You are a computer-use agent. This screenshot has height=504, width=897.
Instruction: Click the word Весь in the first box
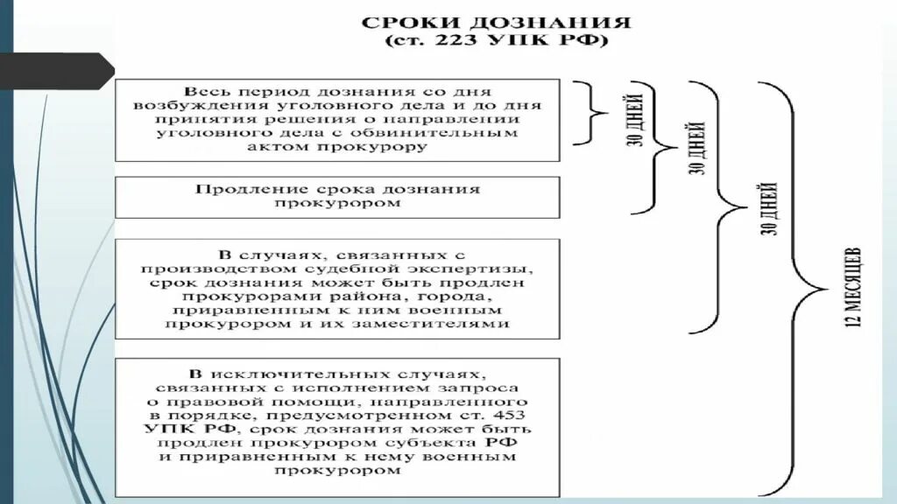coord(203,91)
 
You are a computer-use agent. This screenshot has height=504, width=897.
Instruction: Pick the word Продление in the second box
coord(234,190)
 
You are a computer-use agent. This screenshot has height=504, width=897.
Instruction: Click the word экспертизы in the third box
coord(480,269)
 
